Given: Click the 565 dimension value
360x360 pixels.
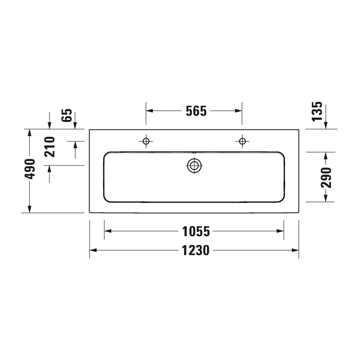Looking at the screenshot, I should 196,111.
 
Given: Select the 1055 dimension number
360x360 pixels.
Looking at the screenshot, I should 196,231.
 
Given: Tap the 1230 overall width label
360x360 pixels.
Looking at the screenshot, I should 196,251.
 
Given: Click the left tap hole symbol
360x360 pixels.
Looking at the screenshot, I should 146,141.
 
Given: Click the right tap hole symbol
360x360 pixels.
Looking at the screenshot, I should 242,141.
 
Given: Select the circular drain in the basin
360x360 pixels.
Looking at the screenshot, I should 194,166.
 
